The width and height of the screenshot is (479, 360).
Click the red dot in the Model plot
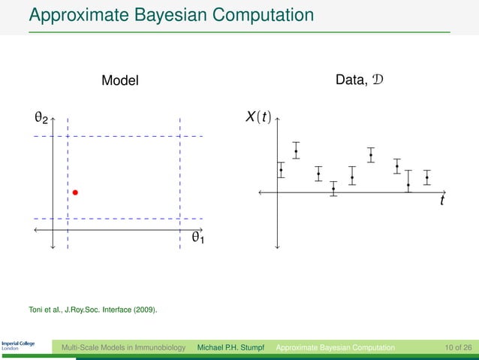click(x=75, y=193)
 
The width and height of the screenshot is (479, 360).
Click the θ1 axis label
click(x=198, y=238)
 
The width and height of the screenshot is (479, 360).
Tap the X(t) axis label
click(x=259, y=118)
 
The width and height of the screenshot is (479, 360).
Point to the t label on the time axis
click(x=442, y=201)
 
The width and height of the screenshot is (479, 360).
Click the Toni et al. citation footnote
click(x=93, y=308)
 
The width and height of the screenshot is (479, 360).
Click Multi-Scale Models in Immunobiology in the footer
click(x=123, y=347)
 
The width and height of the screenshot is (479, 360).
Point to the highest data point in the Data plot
click(x=296, y=152)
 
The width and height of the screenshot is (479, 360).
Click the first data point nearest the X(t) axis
click(x=281, y=170)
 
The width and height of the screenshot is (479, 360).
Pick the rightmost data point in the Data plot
click(x=426, y=178)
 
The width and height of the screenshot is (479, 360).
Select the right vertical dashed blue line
click(x=180, y=180)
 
